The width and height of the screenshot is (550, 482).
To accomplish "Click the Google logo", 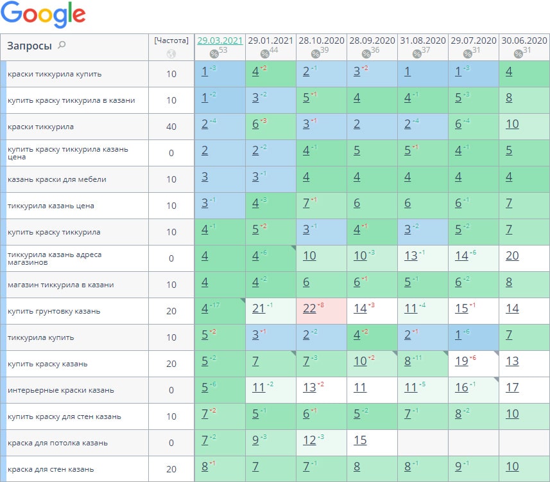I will tap(44, 15).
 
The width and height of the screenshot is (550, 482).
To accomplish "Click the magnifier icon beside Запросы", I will tap(62, 45).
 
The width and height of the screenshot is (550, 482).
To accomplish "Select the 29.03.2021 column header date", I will tap(219, 40).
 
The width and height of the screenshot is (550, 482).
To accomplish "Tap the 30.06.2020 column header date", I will tap(524, 40).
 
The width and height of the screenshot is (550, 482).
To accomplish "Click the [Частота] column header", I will tap(171, 40).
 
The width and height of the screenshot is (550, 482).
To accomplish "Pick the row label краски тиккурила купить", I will tap(55, 74).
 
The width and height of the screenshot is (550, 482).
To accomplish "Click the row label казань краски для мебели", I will tap(57, 179).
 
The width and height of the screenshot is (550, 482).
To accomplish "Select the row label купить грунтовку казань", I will tap(54, 311).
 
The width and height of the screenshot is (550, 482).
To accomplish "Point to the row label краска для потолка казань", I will tap(58, 443).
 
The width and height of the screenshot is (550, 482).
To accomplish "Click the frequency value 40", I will tap(171, 127).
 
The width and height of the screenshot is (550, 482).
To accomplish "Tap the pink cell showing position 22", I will tap(309, 309).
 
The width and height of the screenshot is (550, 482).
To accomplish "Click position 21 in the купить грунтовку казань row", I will tap(258, 309).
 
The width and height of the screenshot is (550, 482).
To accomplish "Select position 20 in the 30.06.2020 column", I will tap(512, 256).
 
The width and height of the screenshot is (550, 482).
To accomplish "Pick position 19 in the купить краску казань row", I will tap(461, 362).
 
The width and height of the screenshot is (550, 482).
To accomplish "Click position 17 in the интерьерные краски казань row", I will tap(512, 388).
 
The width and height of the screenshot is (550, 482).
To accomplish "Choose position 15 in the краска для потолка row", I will tap(360, 441).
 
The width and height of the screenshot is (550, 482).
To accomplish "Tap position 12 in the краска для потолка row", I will tap(309, 441).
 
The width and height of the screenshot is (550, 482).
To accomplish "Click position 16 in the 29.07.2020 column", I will tap(461, 388).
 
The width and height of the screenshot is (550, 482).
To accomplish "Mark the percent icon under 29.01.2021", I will tap(264, 54).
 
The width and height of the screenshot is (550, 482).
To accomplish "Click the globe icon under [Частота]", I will tap(171, 54).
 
